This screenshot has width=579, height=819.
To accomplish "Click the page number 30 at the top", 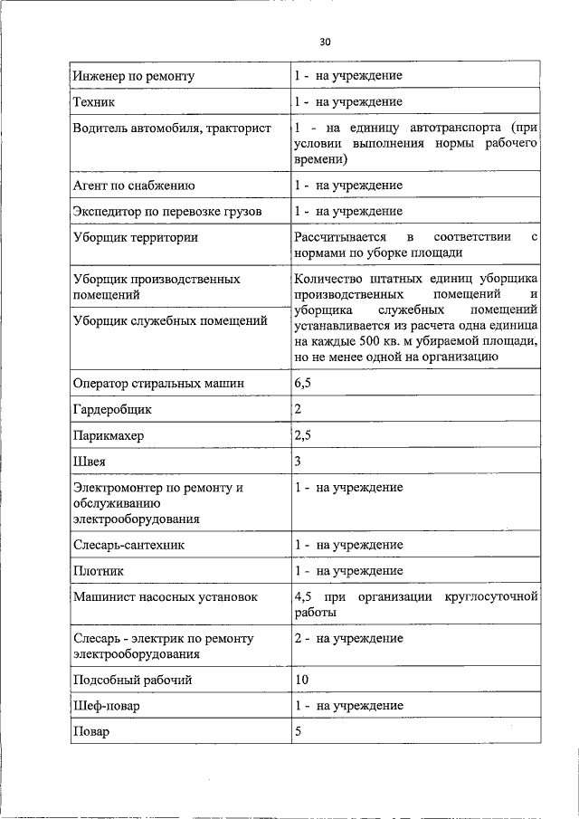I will point(326,42).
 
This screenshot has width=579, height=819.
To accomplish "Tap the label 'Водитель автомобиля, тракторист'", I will point(172,129).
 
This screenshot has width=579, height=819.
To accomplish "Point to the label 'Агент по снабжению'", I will point(134,186).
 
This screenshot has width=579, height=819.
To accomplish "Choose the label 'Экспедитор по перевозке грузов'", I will point(167,212).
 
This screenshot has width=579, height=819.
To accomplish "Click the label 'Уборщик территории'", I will point(135,238).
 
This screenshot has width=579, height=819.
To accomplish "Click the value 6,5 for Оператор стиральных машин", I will point(303,384).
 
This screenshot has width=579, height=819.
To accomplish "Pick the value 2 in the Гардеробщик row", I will point(298,409).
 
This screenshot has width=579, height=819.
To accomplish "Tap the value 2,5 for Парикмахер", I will point(303,435).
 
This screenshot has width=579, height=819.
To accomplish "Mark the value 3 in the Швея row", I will point(298,462).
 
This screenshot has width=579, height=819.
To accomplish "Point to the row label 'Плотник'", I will point(99,571).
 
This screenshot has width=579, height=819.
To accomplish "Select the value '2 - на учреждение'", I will point(348,639).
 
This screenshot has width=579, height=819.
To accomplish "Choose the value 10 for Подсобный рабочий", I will point(301,680).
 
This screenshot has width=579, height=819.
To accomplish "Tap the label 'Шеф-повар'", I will point(108,706).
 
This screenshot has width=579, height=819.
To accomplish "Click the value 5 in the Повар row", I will point(298,731).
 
